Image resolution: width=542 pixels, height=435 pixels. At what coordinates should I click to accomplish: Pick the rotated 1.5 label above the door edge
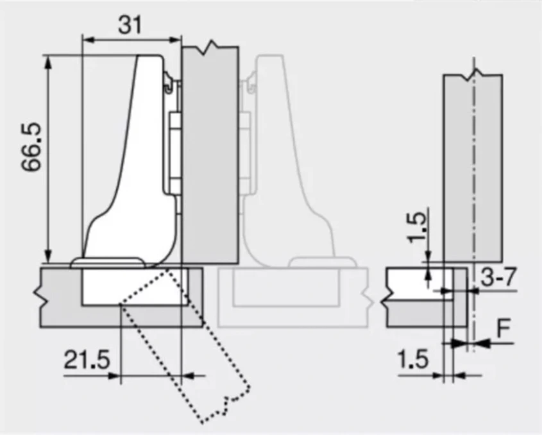(416, 226)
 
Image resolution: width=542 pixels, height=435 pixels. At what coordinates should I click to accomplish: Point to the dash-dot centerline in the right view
(473, 192)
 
